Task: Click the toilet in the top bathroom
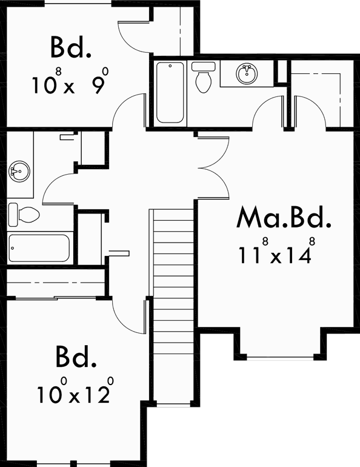(x=202, y=78)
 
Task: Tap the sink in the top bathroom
(x=245, y=74)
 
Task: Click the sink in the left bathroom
(x=19, y=170)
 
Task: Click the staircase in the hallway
(x=172, y=303)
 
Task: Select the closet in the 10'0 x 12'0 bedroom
(x=58, y=283)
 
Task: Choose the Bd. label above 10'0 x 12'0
(x=76, y=358)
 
